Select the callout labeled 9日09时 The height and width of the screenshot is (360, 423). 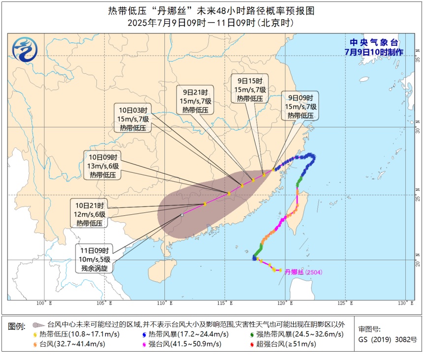(x=300, y=106)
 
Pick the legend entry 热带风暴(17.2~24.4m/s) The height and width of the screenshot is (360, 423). (x=185, y=334)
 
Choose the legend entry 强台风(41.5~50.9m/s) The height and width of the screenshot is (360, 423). (x=185, y=344)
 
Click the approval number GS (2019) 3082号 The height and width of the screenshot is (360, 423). (x=388, y=339)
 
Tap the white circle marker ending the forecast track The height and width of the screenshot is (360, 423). (x=182, y=215)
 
